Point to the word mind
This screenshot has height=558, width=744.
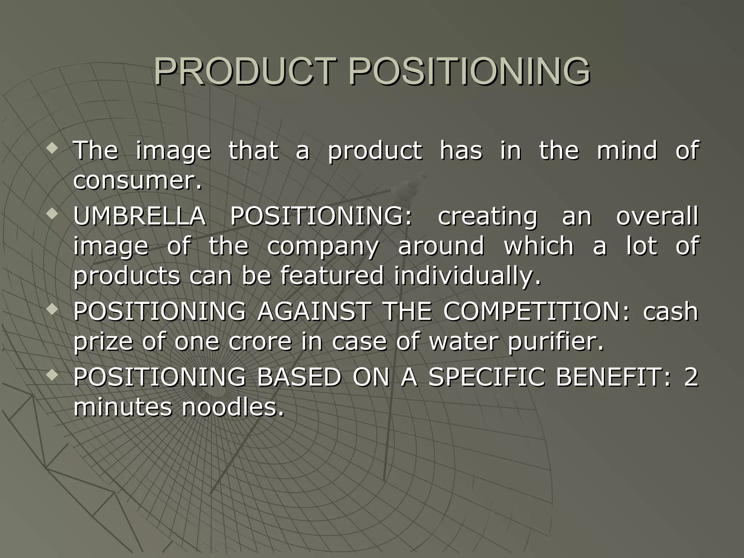(627, 150)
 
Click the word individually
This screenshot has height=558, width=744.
(467, 276)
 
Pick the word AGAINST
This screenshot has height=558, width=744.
(314, 311)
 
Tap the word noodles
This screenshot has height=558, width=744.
(232, 407)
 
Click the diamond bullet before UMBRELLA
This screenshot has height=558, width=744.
(53, 215)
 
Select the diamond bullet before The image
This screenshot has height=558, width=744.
(53, 149)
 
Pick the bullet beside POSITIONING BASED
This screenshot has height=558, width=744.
(53, 376)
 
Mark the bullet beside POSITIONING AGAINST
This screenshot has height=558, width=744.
(53, 310)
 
